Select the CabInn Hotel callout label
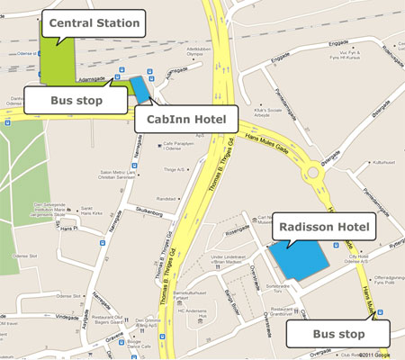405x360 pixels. pos(186,119)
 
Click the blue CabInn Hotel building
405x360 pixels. pos(140,87)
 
